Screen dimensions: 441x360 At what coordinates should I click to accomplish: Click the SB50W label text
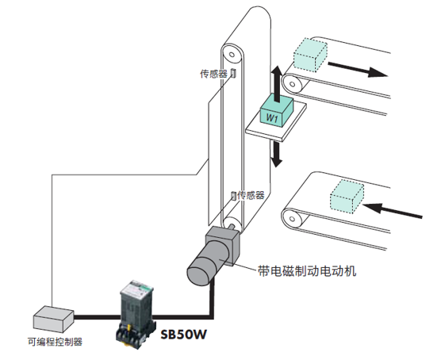tap(184, 334)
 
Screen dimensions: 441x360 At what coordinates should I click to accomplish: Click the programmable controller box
tap(53, 319)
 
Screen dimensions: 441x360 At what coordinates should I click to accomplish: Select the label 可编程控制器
tap(55, 342)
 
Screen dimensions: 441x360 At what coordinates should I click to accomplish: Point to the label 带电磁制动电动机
tap(307, 271)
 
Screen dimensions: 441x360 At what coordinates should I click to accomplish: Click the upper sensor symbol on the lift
tap(233, 73)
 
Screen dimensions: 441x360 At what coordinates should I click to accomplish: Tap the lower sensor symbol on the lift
tap(233, 196)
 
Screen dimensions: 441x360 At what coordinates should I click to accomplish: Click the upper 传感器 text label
tap(213, 74)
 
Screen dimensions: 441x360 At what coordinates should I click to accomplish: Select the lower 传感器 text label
tap(251, 195)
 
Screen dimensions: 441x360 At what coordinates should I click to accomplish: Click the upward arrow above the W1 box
tap(278, 84)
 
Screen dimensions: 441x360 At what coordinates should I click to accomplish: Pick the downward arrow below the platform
tap(277, 154)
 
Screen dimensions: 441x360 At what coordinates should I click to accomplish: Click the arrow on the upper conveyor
tap(358, 70)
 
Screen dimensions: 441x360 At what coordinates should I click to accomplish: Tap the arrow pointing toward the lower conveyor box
tap(393, 210)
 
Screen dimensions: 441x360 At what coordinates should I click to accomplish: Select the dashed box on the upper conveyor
tap(310, 54)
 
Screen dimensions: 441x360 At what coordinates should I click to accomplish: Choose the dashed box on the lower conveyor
tap(347, 197)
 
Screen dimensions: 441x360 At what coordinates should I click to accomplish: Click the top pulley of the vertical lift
tap(232, 54)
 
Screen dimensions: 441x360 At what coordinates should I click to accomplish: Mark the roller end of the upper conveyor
tap(293, 84)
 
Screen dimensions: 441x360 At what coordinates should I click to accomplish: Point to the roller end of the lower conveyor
tap(293, 219)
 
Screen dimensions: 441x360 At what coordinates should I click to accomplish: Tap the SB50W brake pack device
tap(136, 314)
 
